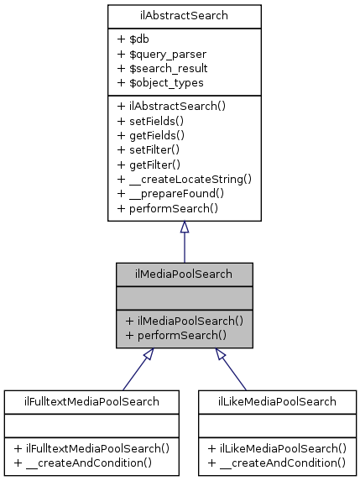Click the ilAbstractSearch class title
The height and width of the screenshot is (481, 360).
(184, 15)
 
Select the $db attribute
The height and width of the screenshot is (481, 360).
(133, 39)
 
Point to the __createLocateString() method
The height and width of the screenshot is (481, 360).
(185, 179)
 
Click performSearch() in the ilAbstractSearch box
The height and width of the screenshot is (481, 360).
(168, 208)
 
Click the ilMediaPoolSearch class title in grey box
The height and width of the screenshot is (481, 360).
(185, 274)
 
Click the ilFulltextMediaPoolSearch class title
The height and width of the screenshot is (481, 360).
(91, 401)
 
